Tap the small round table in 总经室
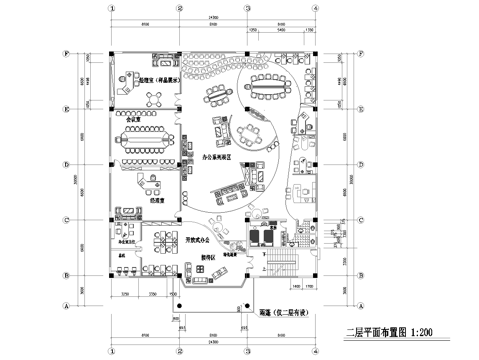tap(155, 98)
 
